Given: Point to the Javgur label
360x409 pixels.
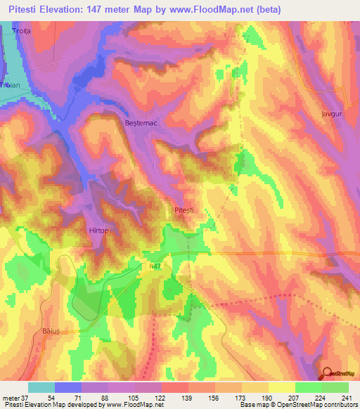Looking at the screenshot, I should pos(331,112).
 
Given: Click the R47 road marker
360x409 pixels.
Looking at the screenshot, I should pos(155,266).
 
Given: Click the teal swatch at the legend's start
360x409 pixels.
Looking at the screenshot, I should pos(41,387).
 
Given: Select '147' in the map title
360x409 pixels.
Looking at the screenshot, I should pos(114,9).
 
